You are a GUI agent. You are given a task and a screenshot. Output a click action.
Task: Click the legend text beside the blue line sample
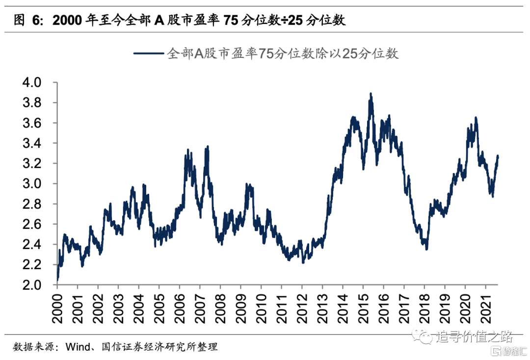point(283,54)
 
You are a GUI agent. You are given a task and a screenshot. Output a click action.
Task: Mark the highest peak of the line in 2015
point(371,93)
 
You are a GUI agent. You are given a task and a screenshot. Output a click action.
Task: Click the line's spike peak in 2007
point(208,146)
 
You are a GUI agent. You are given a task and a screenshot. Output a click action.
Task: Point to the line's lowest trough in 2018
point(426,249)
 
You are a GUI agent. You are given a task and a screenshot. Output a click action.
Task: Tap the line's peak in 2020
point(476,118)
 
